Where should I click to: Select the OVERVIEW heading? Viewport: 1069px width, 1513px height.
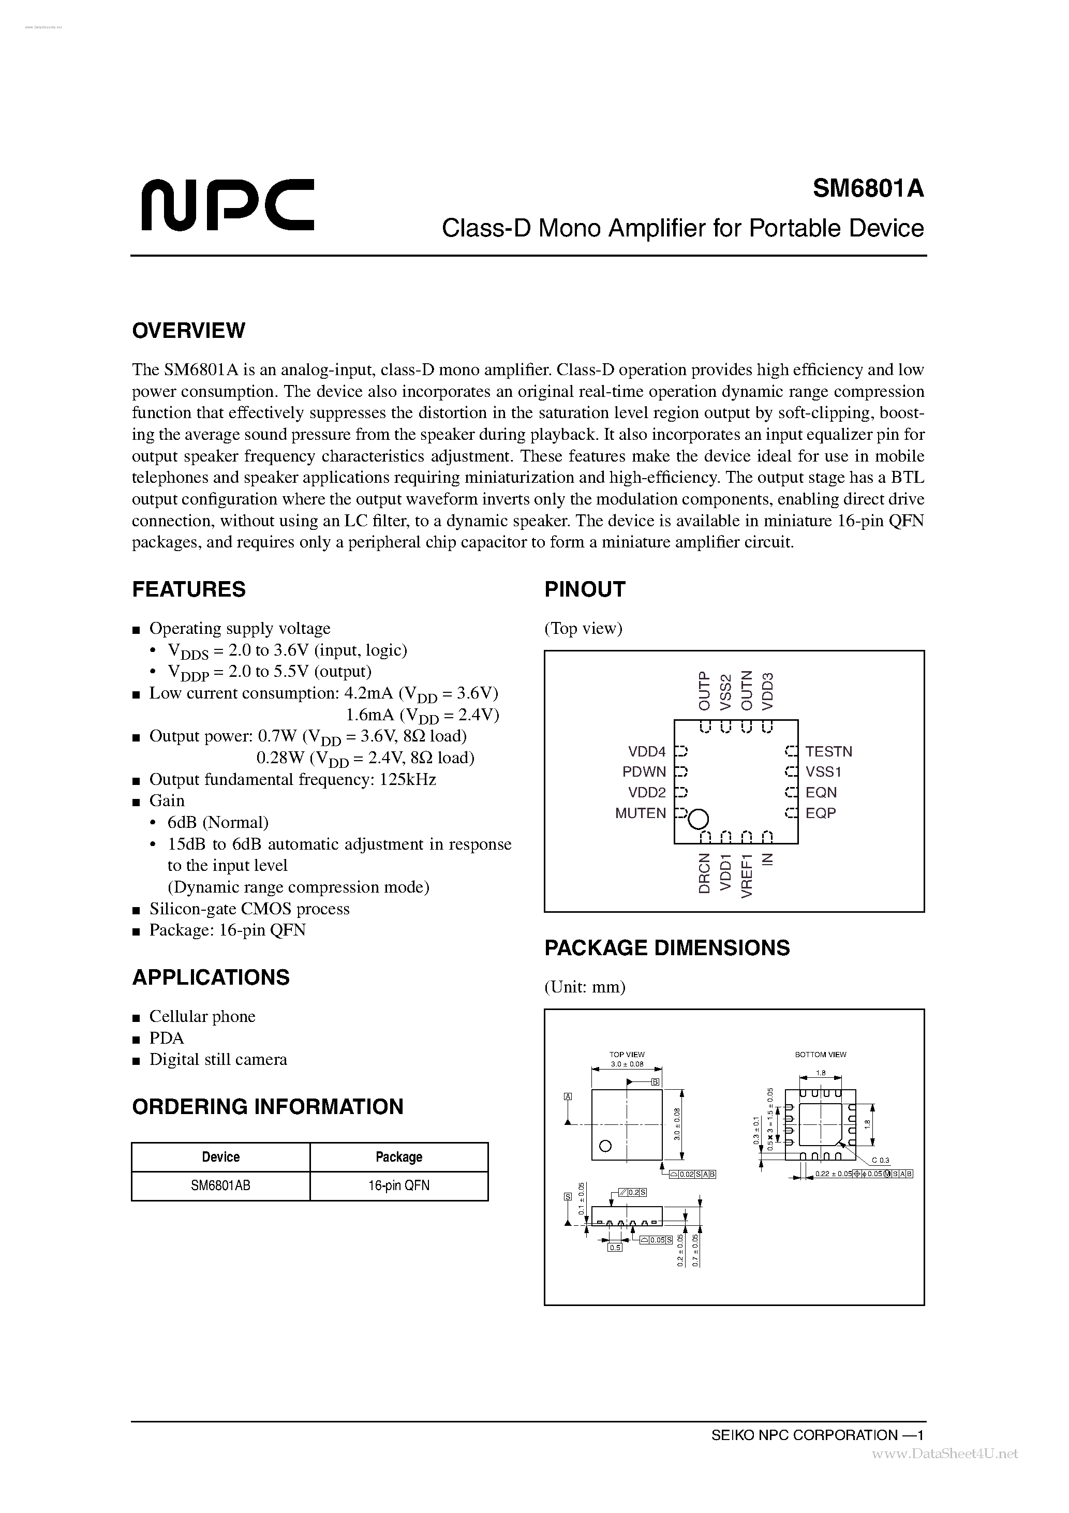coord(188,330)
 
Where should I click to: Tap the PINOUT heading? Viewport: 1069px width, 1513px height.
coord(584,589)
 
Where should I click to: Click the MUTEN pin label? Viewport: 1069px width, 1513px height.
coord(640,813)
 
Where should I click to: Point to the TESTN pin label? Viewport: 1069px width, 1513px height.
coord(828,751)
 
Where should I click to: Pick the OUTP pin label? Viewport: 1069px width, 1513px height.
coord(704,691)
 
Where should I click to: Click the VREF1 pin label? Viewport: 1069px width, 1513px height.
coord(746,875)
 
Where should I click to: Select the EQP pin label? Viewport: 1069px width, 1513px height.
coord(820,813)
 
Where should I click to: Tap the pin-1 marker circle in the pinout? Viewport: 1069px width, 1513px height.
coord(698,819)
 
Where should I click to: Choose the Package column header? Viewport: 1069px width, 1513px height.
coord(399,1156)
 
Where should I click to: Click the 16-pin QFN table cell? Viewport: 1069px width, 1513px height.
coord(399,1185)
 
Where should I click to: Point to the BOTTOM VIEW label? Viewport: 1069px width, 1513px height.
coord(820,1055)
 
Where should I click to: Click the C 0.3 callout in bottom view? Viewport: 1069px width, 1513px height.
coord(880,1160)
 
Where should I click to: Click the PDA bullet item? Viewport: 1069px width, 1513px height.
coord(166,1038)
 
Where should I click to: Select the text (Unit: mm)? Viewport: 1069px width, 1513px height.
coord(585,986)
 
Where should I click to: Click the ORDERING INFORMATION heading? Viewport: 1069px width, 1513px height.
coord(268,1106)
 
